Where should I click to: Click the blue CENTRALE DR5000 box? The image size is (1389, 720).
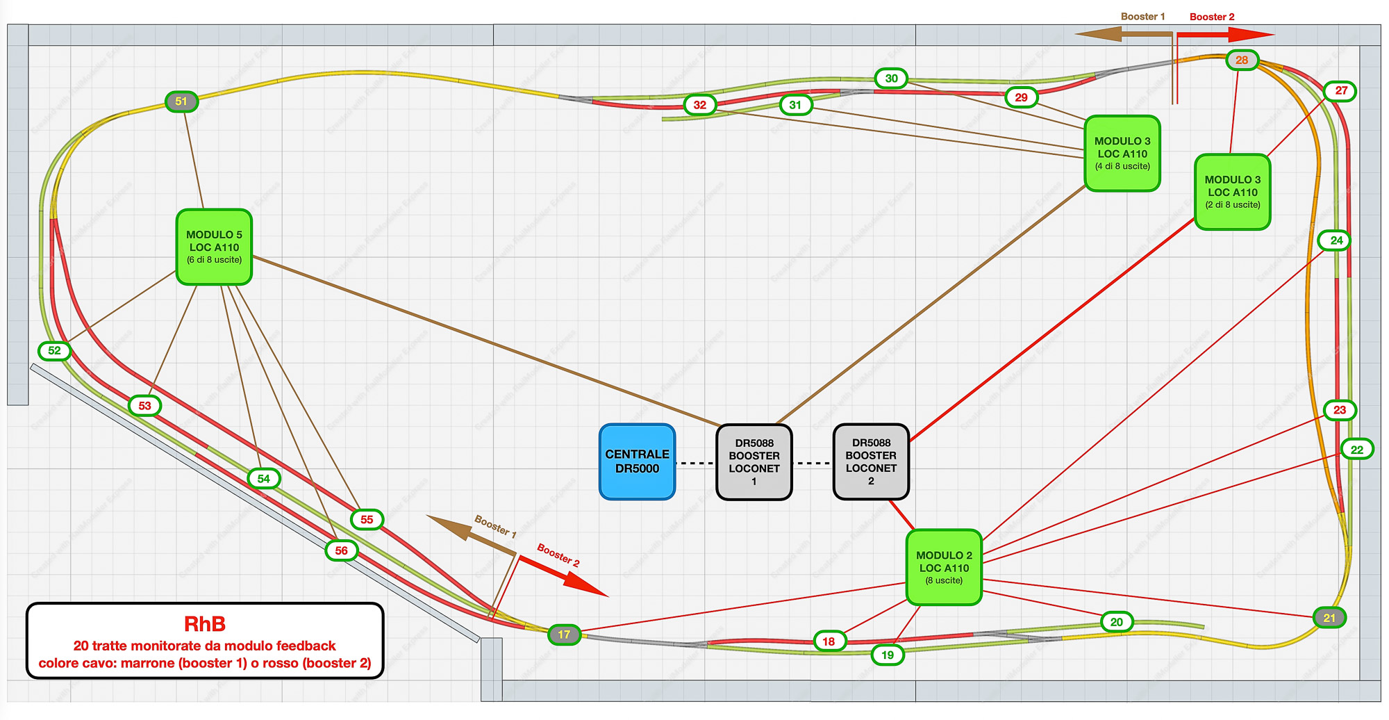[x=637, y=461]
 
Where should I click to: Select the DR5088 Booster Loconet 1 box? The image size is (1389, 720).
[x=754, y=461]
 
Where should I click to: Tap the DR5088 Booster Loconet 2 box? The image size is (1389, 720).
[x=871, y=461]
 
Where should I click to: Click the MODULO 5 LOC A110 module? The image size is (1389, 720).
[x=214, y=247]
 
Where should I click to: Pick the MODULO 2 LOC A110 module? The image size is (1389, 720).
[x=944, y=567]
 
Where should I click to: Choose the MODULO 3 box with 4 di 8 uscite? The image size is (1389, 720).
[x=1122, y=153]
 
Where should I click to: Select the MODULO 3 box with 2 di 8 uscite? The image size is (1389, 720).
[x=1232, y=192]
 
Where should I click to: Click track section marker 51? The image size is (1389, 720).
[x=181, y=101]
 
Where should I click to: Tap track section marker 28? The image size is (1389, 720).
[x=1242, y=60]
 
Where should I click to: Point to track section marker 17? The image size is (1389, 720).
[x=564, y=635]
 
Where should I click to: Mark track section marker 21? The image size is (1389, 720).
[x=1329, y=618]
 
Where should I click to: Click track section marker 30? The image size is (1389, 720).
[x=891, y=79]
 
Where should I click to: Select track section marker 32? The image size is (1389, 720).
[x=700, y=105]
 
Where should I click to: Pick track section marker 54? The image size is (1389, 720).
[x=264, y=478]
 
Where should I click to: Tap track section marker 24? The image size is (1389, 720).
[x=1336, y=240]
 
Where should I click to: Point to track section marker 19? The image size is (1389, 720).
[x=888, y=655]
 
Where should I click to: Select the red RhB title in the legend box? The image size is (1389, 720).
[x=205, y=624]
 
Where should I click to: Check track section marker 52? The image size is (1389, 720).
[x=55, y=351]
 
